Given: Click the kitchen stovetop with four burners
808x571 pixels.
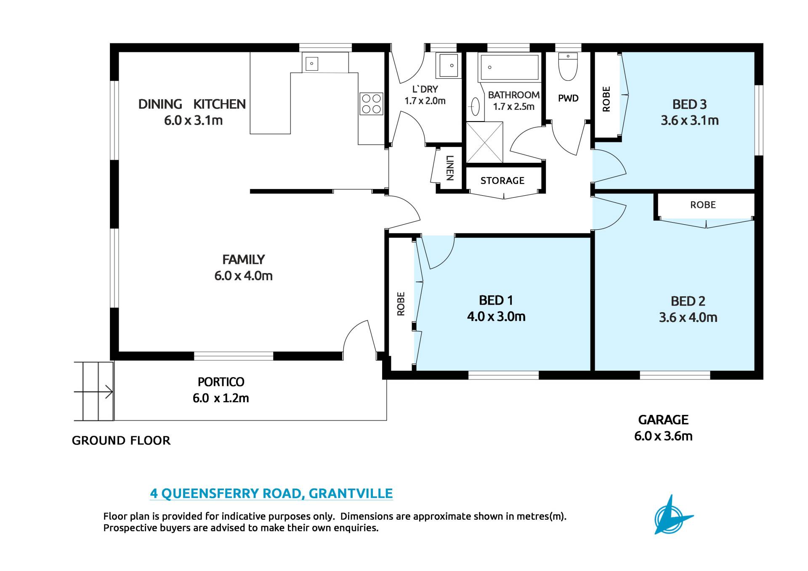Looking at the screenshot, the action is pos(371,104).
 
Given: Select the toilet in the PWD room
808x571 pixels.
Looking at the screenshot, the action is pos(568,66).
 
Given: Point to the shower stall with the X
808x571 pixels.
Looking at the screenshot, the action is pos(484,142).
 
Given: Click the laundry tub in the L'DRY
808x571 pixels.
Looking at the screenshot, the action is pos(449,65).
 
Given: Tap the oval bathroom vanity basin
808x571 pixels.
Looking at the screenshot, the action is pos(475,106).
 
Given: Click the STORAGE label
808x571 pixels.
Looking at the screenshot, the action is pos(502,181).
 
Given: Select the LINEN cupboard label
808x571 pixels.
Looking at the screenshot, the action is pos(450,168).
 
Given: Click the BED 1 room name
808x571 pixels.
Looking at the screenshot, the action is pos(496,300).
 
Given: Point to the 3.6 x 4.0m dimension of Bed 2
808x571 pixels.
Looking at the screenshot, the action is pos(688,317).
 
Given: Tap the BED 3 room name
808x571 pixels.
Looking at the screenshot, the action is pos(689,104).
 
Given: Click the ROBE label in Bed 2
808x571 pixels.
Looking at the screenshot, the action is pos(703,205).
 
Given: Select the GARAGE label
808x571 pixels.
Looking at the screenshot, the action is pos(663,420).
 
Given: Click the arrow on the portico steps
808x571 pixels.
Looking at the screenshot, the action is pos(93,392).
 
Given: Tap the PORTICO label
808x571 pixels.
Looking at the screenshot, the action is pos(221,382).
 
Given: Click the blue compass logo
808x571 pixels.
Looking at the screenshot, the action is pos(672,515).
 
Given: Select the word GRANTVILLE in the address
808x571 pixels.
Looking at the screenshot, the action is pos(351,493).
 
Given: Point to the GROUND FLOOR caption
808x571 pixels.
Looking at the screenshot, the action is pos(121,441).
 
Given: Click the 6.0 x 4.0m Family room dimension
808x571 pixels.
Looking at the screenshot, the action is pos(243,276).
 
